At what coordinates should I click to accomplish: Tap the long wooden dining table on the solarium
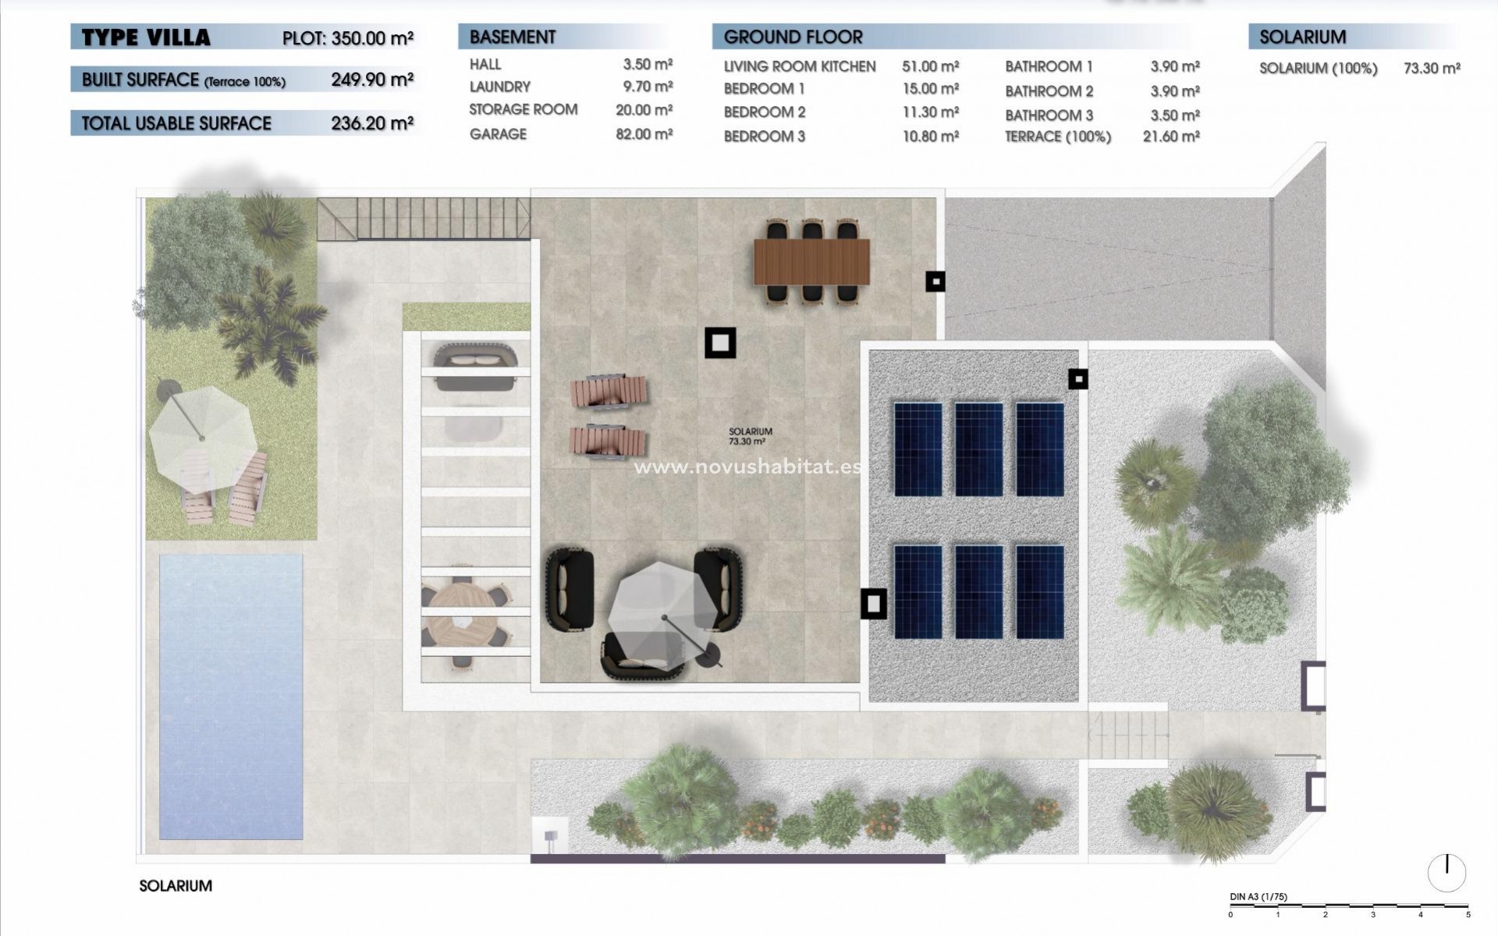[811, 262]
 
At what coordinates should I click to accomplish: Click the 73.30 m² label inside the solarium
[747, 441]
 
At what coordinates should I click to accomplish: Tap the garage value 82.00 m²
[643, 134]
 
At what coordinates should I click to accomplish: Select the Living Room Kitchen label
[799, 67]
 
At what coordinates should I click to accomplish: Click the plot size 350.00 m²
[371, 38]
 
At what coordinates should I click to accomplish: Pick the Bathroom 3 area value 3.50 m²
[1173, 115]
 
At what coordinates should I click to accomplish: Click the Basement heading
[513, 37]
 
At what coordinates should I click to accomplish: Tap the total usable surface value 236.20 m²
[371, 122]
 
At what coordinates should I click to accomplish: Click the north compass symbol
[1447, 872]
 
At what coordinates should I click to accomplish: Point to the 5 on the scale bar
[1468, 915]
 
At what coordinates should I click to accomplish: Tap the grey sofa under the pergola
[474, 366]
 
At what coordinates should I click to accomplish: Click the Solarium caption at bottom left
[176, 886]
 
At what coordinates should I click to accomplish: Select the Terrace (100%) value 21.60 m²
[1170, 136]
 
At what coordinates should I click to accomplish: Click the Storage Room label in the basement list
[523, 110]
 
